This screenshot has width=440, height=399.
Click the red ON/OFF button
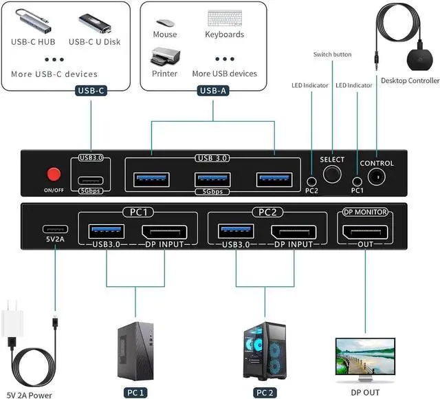(x=51, y=175)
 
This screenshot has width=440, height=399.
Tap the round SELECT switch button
(x=332, y=175)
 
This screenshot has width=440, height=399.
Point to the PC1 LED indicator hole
(x=357, y=177)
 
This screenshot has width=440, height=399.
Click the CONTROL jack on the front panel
(x=377, y=177)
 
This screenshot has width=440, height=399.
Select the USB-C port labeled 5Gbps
(x=91, y=180)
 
